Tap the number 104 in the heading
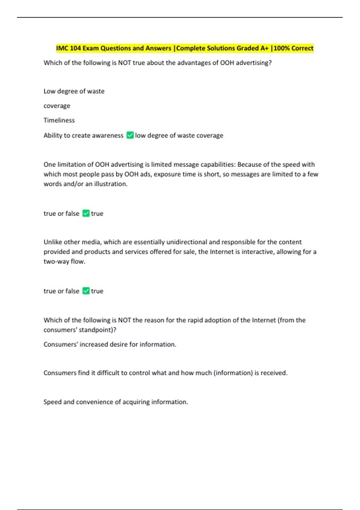pos(76,48)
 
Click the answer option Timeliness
pos(59,120)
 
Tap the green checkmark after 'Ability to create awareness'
pos(130,135)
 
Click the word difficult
pos(108,373)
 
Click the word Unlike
pos(53,242)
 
